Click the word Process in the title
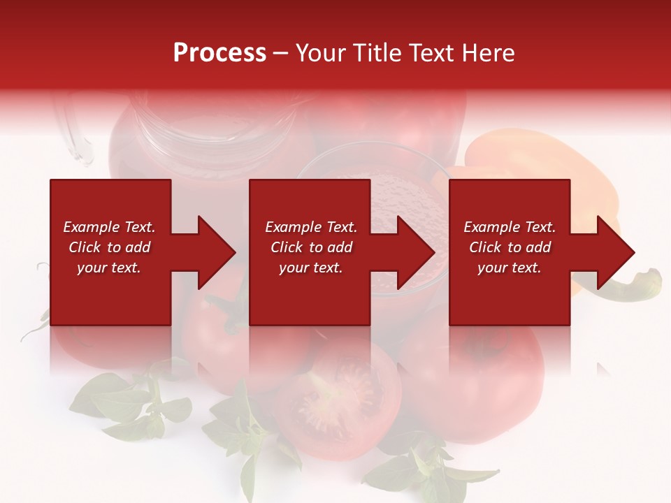219,53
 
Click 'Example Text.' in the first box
109,227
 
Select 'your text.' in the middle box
311,268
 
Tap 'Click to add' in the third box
510,247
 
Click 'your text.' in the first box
109,268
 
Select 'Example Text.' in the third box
510,227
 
